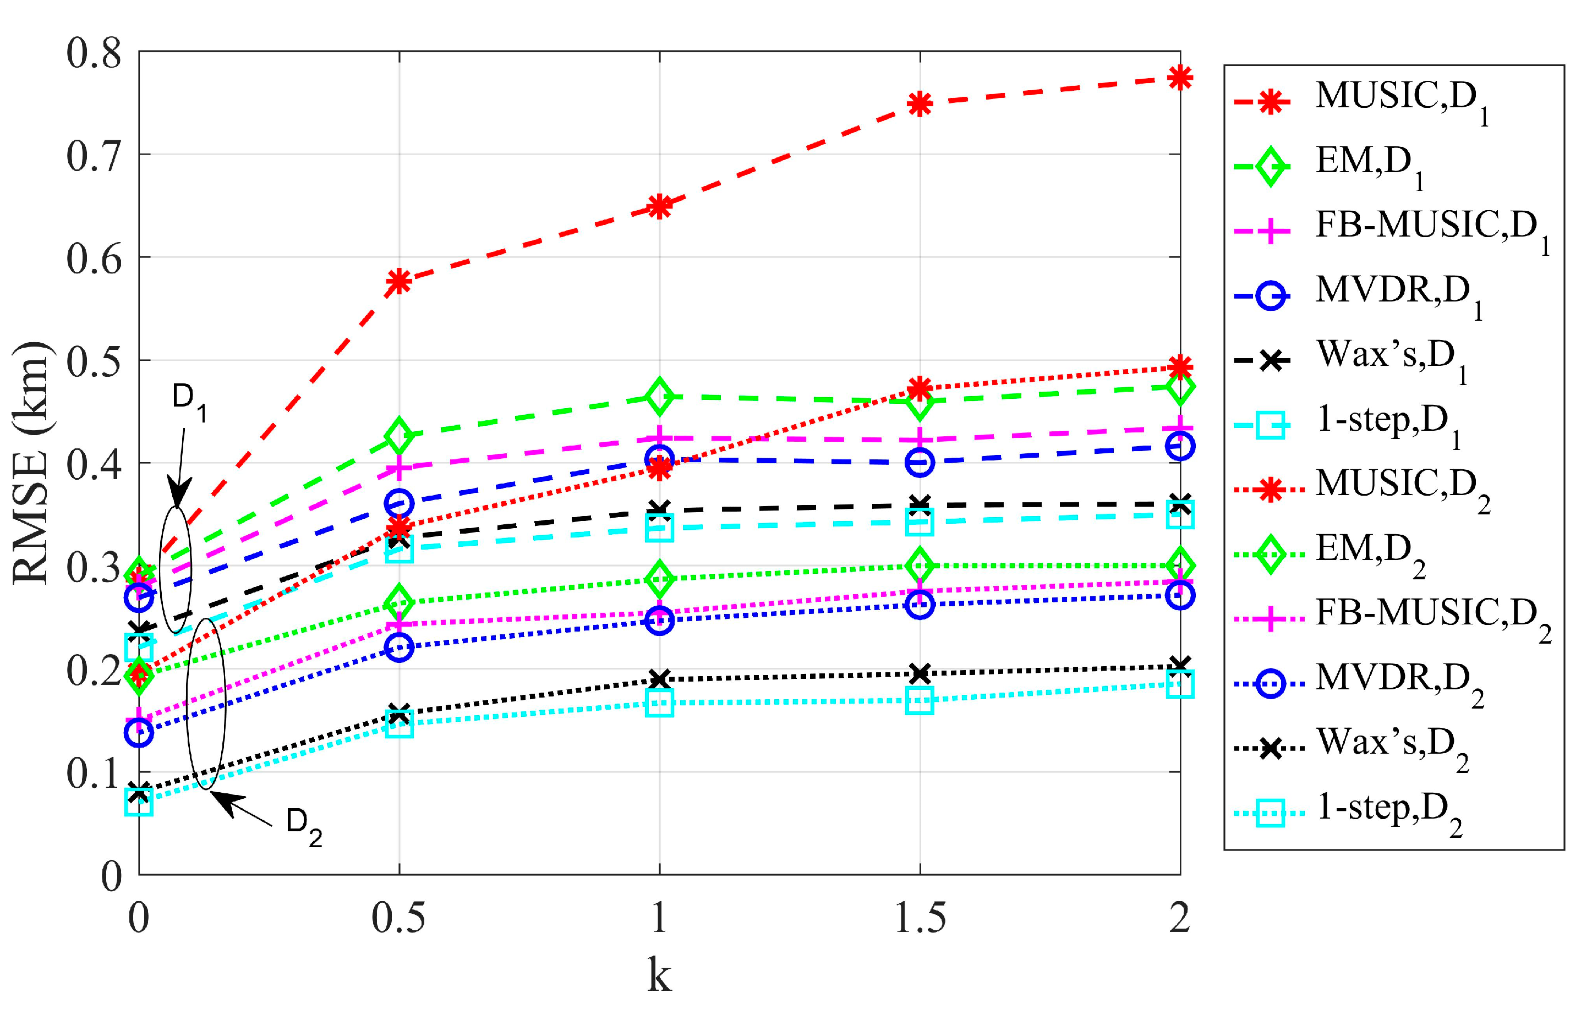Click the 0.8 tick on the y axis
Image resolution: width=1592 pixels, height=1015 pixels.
tap(94, 53)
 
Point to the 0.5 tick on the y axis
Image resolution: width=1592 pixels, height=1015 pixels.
tap(94, 361)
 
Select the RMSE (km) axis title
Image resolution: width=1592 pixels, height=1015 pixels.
tap(30, 463)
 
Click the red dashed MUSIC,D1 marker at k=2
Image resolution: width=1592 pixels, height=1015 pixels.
tap(1180, 78)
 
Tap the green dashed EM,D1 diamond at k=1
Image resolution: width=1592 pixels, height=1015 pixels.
tap(659, 397)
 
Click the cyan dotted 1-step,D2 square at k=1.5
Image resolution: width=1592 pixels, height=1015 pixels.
tap(920, 700)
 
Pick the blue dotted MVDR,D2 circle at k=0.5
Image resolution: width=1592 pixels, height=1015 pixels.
tap(400, 647)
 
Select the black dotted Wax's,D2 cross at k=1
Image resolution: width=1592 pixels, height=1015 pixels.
tap(659, 679)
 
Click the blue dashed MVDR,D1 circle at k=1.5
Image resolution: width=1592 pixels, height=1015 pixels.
tap(920, 462)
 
